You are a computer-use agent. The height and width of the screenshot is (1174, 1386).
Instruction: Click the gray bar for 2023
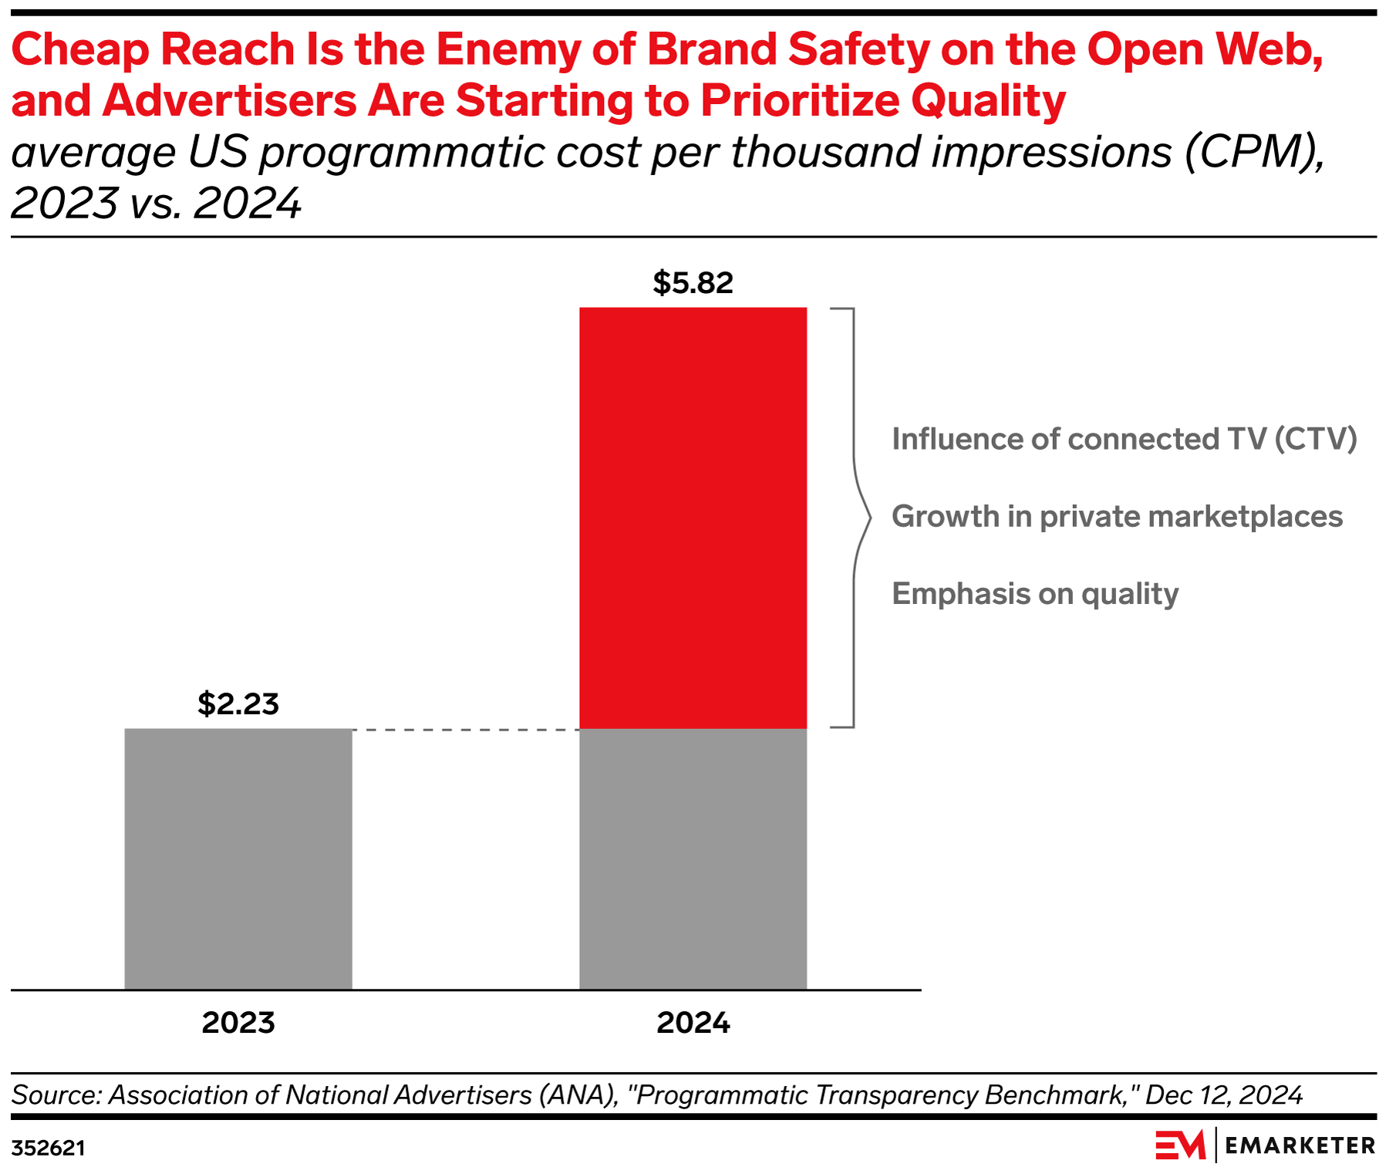click(238, 859)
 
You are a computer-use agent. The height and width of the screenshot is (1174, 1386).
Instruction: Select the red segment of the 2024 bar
click(693, 518)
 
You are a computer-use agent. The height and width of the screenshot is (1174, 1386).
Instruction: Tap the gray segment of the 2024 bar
click(693, 859)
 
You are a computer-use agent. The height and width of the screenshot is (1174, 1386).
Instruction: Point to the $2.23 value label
click(238, 703)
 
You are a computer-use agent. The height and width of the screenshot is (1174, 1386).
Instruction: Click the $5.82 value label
click(693, 282)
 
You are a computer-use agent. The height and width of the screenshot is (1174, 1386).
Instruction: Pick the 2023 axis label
click(238, 1023)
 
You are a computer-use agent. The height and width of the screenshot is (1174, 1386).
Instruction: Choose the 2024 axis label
click(693, 1023)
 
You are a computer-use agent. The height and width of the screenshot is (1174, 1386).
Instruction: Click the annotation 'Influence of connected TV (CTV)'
click(1124, 440)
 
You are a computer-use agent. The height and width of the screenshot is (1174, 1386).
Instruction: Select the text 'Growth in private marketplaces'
click(1117, 517)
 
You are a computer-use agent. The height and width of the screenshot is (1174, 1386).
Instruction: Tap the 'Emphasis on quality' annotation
click(1035, 594)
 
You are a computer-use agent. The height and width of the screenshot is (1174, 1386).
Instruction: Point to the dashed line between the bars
click(466, 729)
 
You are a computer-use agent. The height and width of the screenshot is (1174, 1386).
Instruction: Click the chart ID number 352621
click(48, 1149)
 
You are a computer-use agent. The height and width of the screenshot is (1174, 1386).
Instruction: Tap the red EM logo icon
click(1180, 1145)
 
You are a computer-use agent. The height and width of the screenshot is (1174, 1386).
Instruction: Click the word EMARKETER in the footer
click(1300, 1146)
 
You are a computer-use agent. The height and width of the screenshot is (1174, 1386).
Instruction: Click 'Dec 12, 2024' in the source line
click(1224, 1095)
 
